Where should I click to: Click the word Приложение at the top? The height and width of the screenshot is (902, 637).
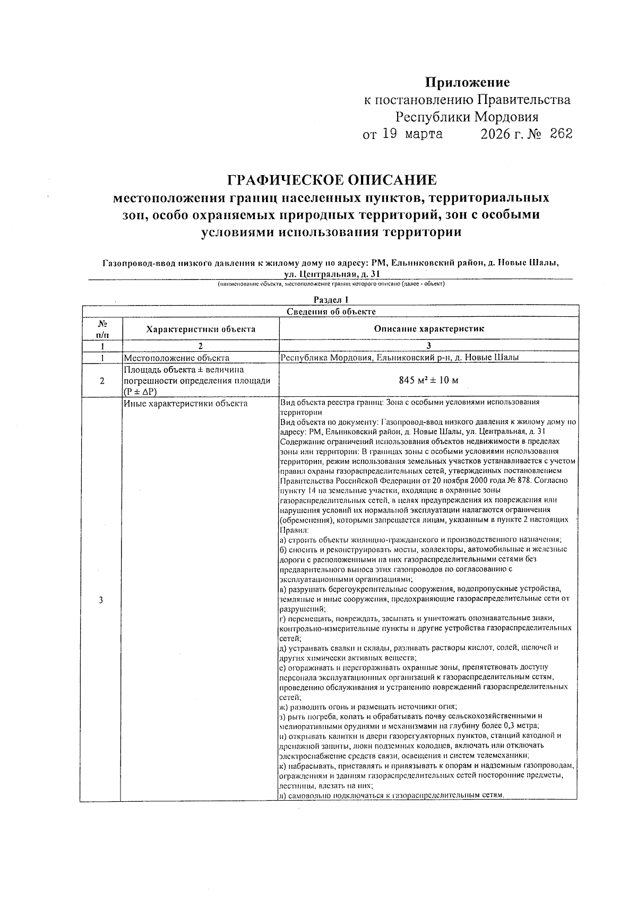click(467, 82)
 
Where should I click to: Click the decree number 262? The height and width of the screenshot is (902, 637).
click(561, 134)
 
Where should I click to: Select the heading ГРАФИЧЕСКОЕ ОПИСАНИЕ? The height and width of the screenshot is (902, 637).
click(332, 180)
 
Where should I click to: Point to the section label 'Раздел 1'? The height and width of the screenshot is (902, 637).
click(331, 300)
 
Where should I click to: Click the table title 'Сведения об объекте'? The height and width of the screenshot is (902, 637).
click(331, 311)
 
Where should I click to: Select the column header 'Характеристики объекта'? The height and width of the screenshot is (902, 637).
click(201, 329)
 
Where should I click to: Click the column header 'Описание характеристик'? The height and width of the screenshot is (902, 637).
click(429, 329)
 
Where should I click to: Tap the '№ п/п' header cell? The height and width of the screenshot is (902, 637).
click(102, 329)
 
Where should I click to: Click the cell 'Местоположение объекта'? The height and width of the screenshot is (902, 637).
click(176, 358)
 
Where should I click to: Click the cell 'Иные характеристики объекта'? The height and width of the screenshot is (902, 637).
click(185, 404)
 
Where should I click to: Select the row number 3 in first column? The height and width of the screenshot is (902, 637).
click(101, 600)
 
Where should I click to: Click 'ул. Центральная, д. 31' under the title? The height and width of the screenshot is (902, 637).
click(332, 274)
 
